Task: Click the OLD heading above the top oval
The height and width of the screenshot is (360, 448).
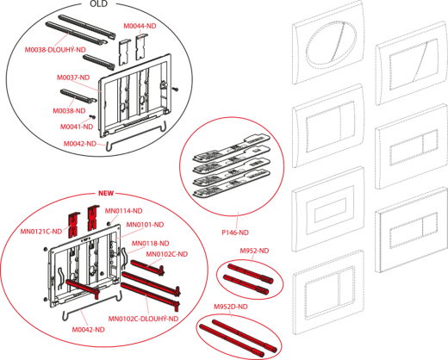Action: (98, 4)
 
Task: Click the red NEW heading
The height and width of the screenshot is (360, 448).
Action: (106, 193)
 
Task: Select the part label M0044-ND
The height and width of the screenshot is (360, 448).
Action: (140, 26)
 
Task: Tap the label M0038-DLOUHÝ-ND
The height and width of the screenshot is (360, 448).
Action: (55, 50)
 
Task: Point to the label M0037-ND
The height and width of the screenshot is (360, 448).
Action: (73, 78)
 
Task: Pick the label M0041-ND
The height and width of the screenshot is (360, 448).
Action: (77, 127)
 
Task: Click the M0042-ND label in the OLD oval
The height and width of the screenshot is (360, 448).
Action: (80, 144)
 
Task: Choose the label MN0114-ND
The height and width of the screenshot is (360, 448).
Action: (123, 211)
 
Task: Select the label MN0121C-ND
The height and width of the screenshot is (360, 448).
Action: (41, 231)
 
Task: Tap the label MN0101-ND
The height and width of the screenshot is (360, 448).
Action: (145, 225)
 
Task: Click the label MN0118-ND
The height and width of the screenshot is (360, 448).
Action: (151, 244)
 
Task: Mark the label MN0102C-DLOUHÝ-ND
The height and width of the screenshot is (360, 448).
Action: (143, 319)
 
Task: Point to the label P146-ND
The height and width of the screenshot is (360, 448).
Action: (235, 233)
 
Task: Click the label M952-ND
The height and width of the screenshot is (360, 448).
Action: (254, 251)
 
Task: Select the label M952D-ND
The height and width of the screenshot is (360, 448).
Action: (231, 307)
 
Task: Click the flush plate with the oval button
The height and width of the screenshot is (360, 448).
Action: (328, 42)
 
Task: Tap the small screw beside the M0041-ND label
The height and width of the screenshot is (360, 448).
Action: (93, 117)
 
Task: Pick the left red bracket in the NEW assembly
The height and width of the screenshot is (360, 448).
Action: (73, 226)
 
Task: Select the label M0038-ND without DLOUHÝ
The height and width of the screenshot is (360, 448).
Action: (69, 111)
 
